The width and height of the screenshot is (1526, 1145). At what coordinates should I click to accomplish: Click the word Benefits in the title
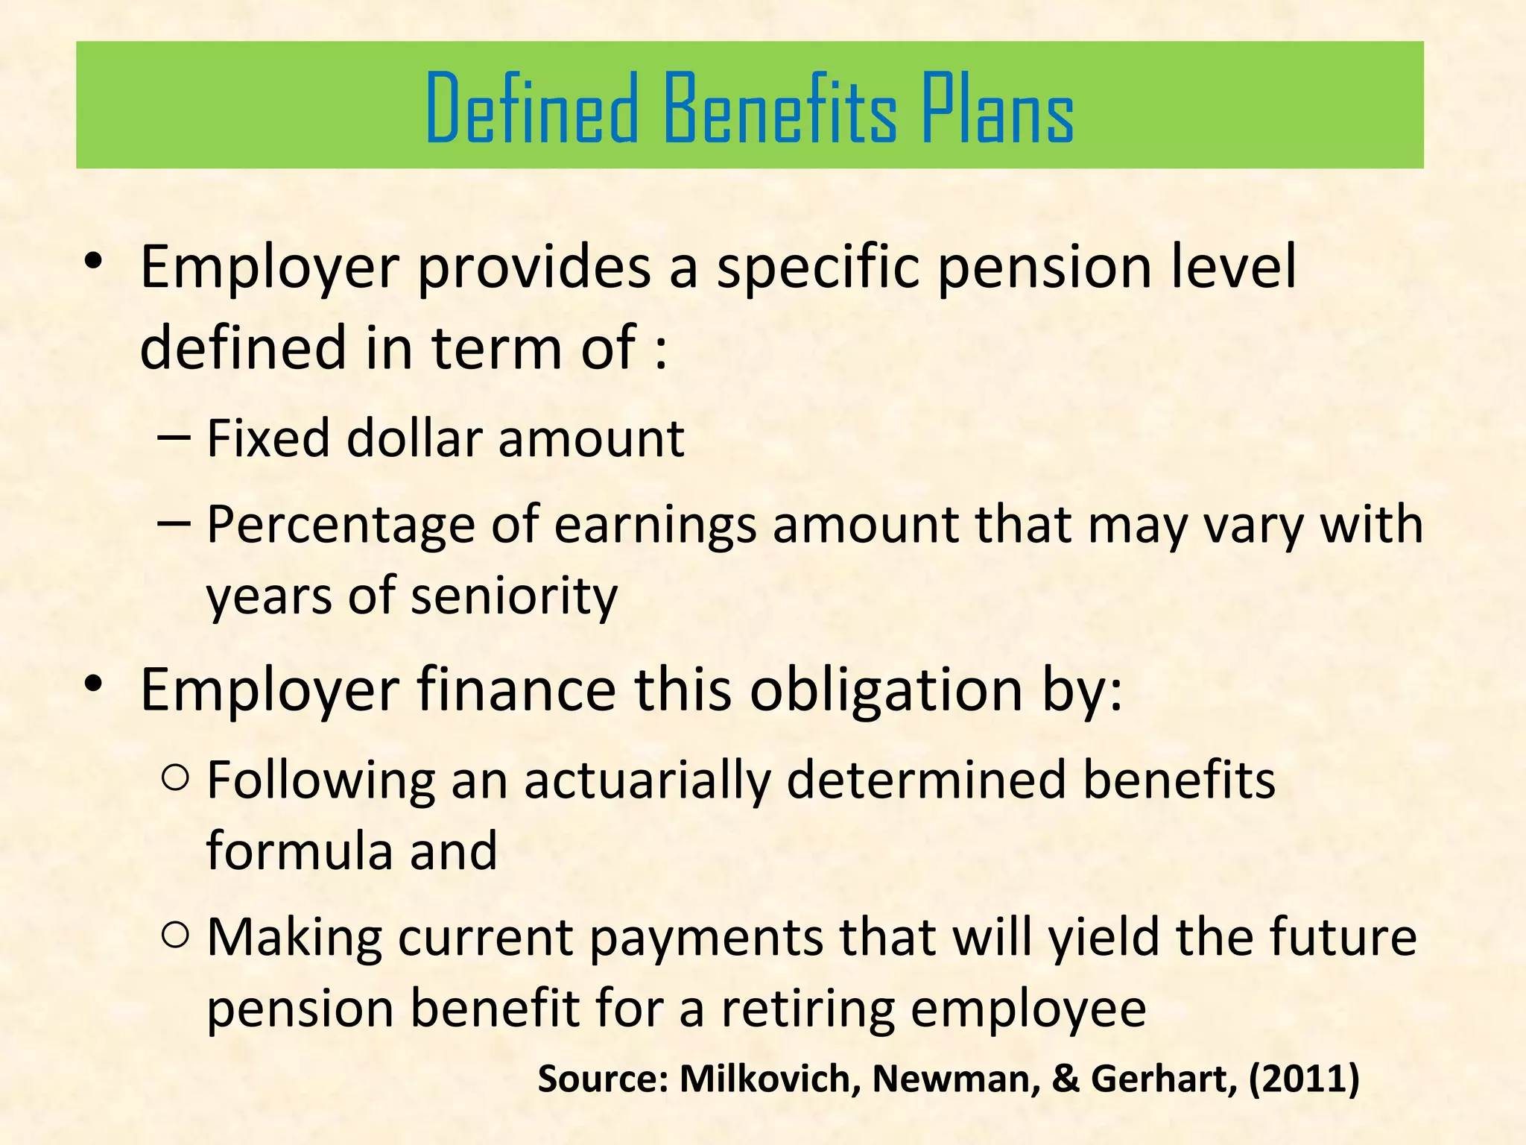coord(779,107)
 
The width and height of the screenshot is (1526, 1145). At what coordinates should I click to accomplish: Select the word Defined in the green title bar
coord(532,107)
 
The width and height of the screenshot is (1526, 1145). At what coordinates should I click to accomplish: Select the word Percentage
coord(341,526)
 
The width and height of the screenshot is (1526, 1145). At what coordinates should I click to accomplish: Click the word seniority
coord(514,596)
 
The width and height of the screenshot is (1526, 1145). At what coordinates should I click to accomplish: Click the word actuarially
coord(647,781)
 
